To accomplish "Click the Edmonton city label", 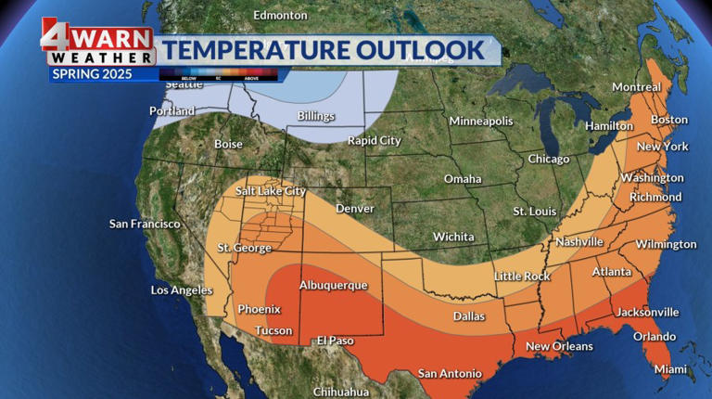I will [280, 15].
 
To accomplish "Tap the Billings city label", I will [316, 116].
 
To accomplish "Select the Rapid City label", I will [374, 140].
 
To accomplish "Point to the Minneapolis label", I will [480, 122].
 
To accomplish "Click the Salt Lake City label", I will [271, 190].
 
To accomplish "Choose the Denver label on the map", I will [355, 209].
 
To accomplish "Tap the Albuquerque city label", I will [333, 285].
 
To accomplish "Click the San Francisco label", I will [145, 224].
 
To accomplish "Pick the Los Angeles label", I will [182, 290].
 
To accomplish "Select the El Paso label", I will [336, 341].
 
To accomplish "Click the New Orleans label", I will [559, 346].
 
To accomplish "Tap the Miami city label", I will [670, 369].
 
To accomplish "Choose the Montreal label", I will [636, 87].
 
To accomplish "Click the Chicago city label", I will [548, 159].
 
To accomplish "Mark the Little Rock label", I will [522, 276].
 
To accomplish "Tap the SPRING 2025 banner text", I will [92, 73].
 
